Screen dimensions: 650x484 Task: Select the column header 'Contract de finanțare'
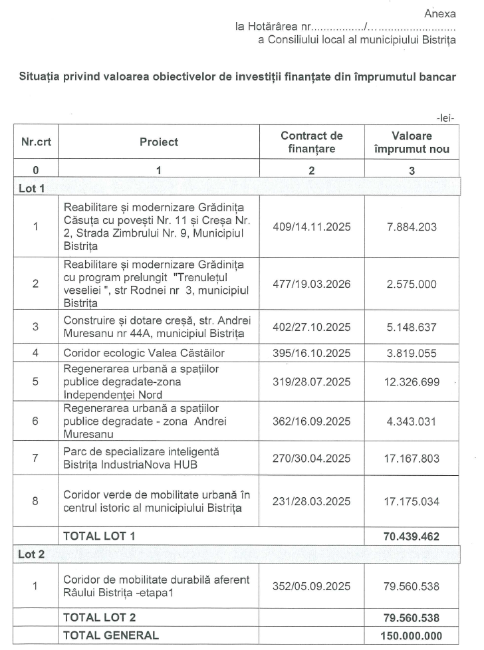[312, 142]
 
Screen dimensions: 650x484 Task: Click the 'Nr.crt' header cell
[35, 142]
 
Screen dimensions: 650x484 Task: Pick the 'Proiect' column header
[159, 142]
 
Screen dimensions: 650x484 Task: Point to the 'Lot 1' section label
[31, 188]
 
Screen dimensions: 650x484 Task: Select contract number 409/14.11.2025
[312, 227]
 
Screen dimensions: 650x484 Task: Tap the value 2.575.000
[412, 284]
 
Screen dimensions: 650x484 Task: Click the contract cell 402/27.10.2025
[312, 326]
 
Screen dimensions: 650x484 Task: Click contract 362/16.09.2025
[312, 421]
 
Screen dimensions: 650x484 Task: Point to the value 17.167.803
[412, 458]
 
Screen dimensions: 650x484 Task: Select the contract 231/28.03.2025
[312, 502]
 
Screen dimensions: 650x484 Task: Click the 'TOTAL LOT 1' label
[100, 536]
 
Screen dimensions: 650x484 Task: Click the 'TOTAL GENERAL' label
[110, 635]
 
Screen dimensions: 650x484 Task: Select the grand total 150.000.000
[410, 636]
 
